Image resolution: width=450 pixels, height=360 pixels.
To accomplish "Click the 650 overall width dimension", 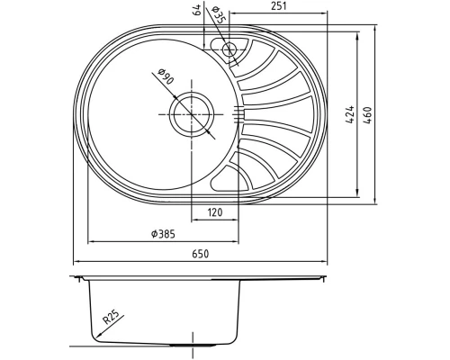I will [x=200, y=255].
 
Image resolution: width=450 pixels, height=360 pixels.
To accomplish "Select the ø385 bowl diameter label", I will [x=162, y=234].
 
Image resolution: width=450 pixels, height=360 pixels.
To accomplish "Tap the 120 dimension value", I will [x=215, y=212].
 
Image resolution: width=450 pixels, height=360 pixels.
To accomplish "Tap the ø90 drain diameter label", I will [x=166, y=79].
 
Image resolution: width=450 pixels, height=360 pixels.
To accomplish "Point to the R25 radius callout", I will [x=111, y=317].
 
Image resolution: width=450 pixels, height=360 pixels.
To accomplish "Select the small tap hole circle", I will [x=229, y=49].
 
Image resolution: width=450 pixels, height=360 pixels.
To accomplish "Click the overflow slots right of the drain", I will [x=238, y=112].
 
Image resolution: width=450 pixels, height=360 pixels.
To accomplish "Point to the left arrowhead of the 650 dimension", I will [x=76, y=262].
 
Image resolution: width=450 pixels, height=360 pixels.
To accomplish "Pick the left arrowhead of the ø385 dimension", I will [x=89, y=242].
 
